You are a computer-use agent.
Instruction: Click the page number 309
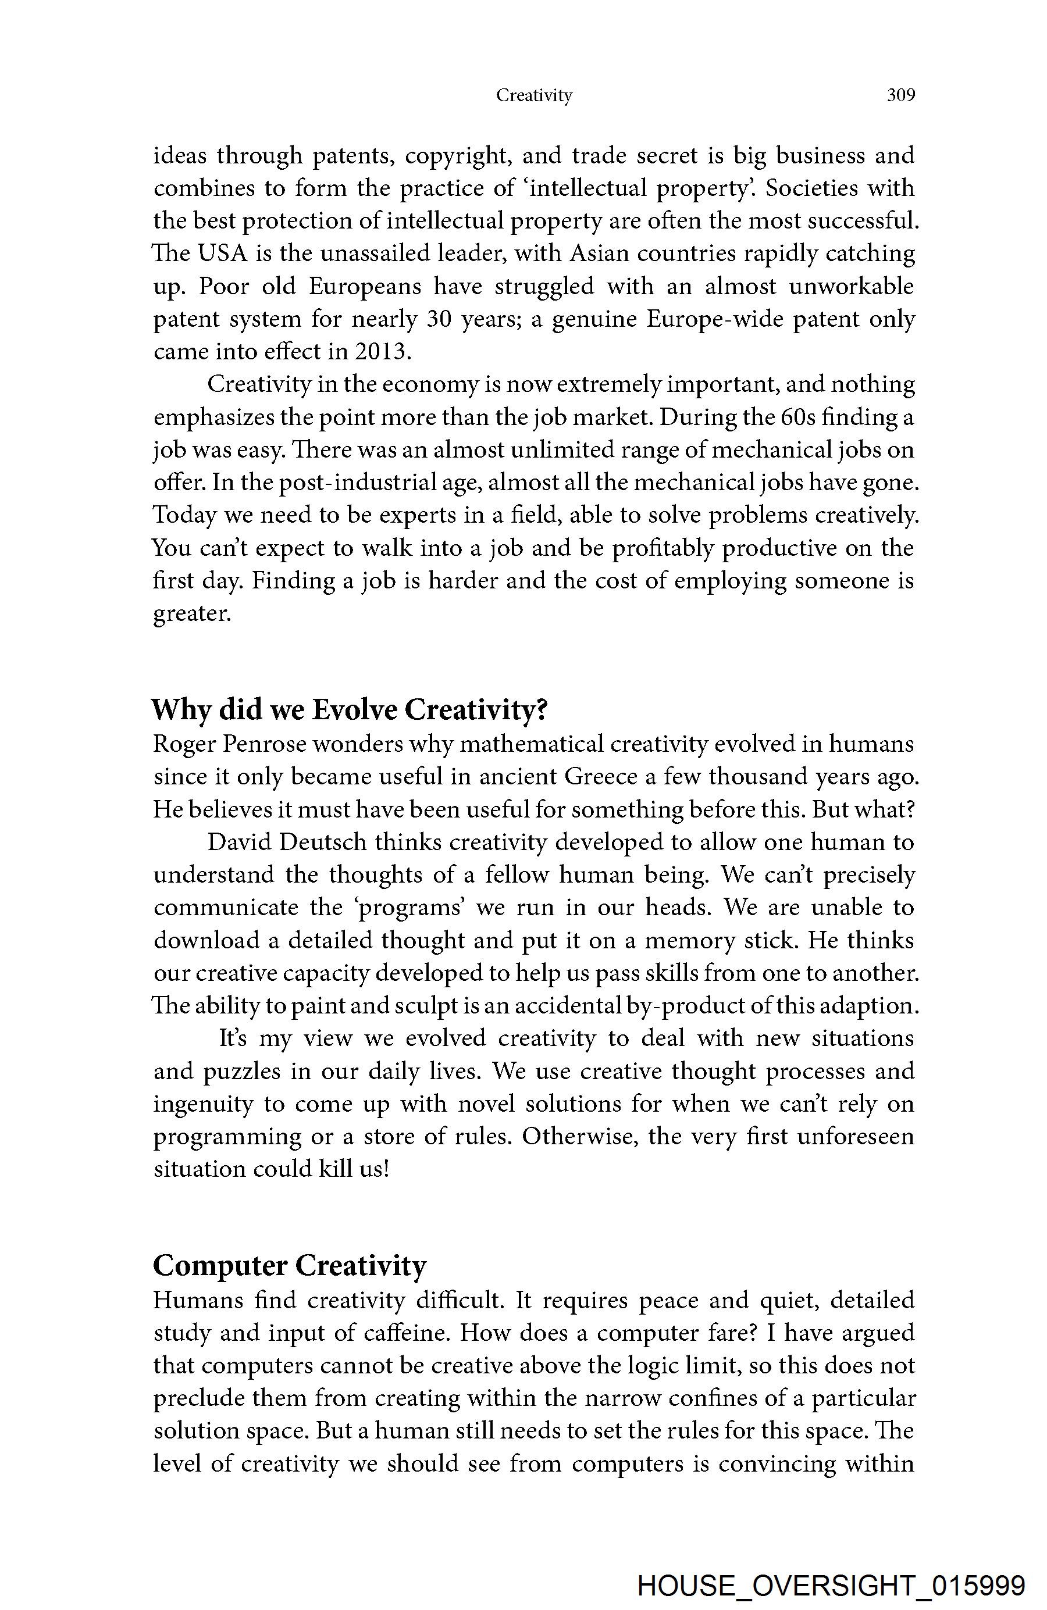point(901,95)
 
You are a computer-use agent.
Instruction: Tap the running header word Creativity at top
point(534,95)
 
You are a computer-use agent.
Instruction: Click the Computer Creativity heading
point(290,1265)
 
